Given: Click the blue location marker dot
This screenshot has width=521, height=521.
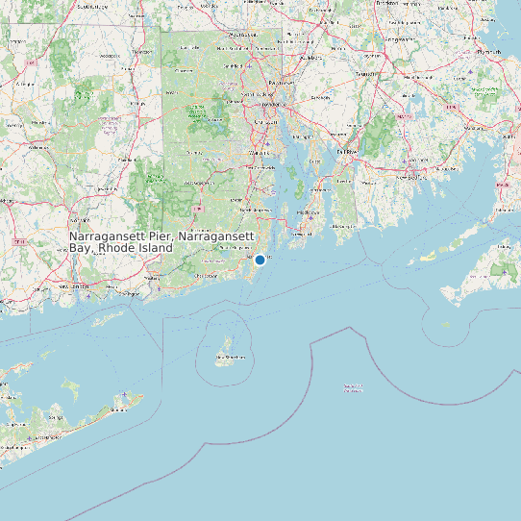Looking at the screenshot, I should [260, 260].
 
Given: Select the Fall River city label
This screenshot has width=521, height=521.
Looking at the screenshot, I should [346, 152].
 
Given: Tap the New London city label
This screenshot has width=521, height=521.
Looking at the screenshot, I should [77, 285].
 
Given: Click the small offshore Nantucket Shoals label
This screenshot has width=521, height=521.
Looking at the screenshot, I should [353, 388].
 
